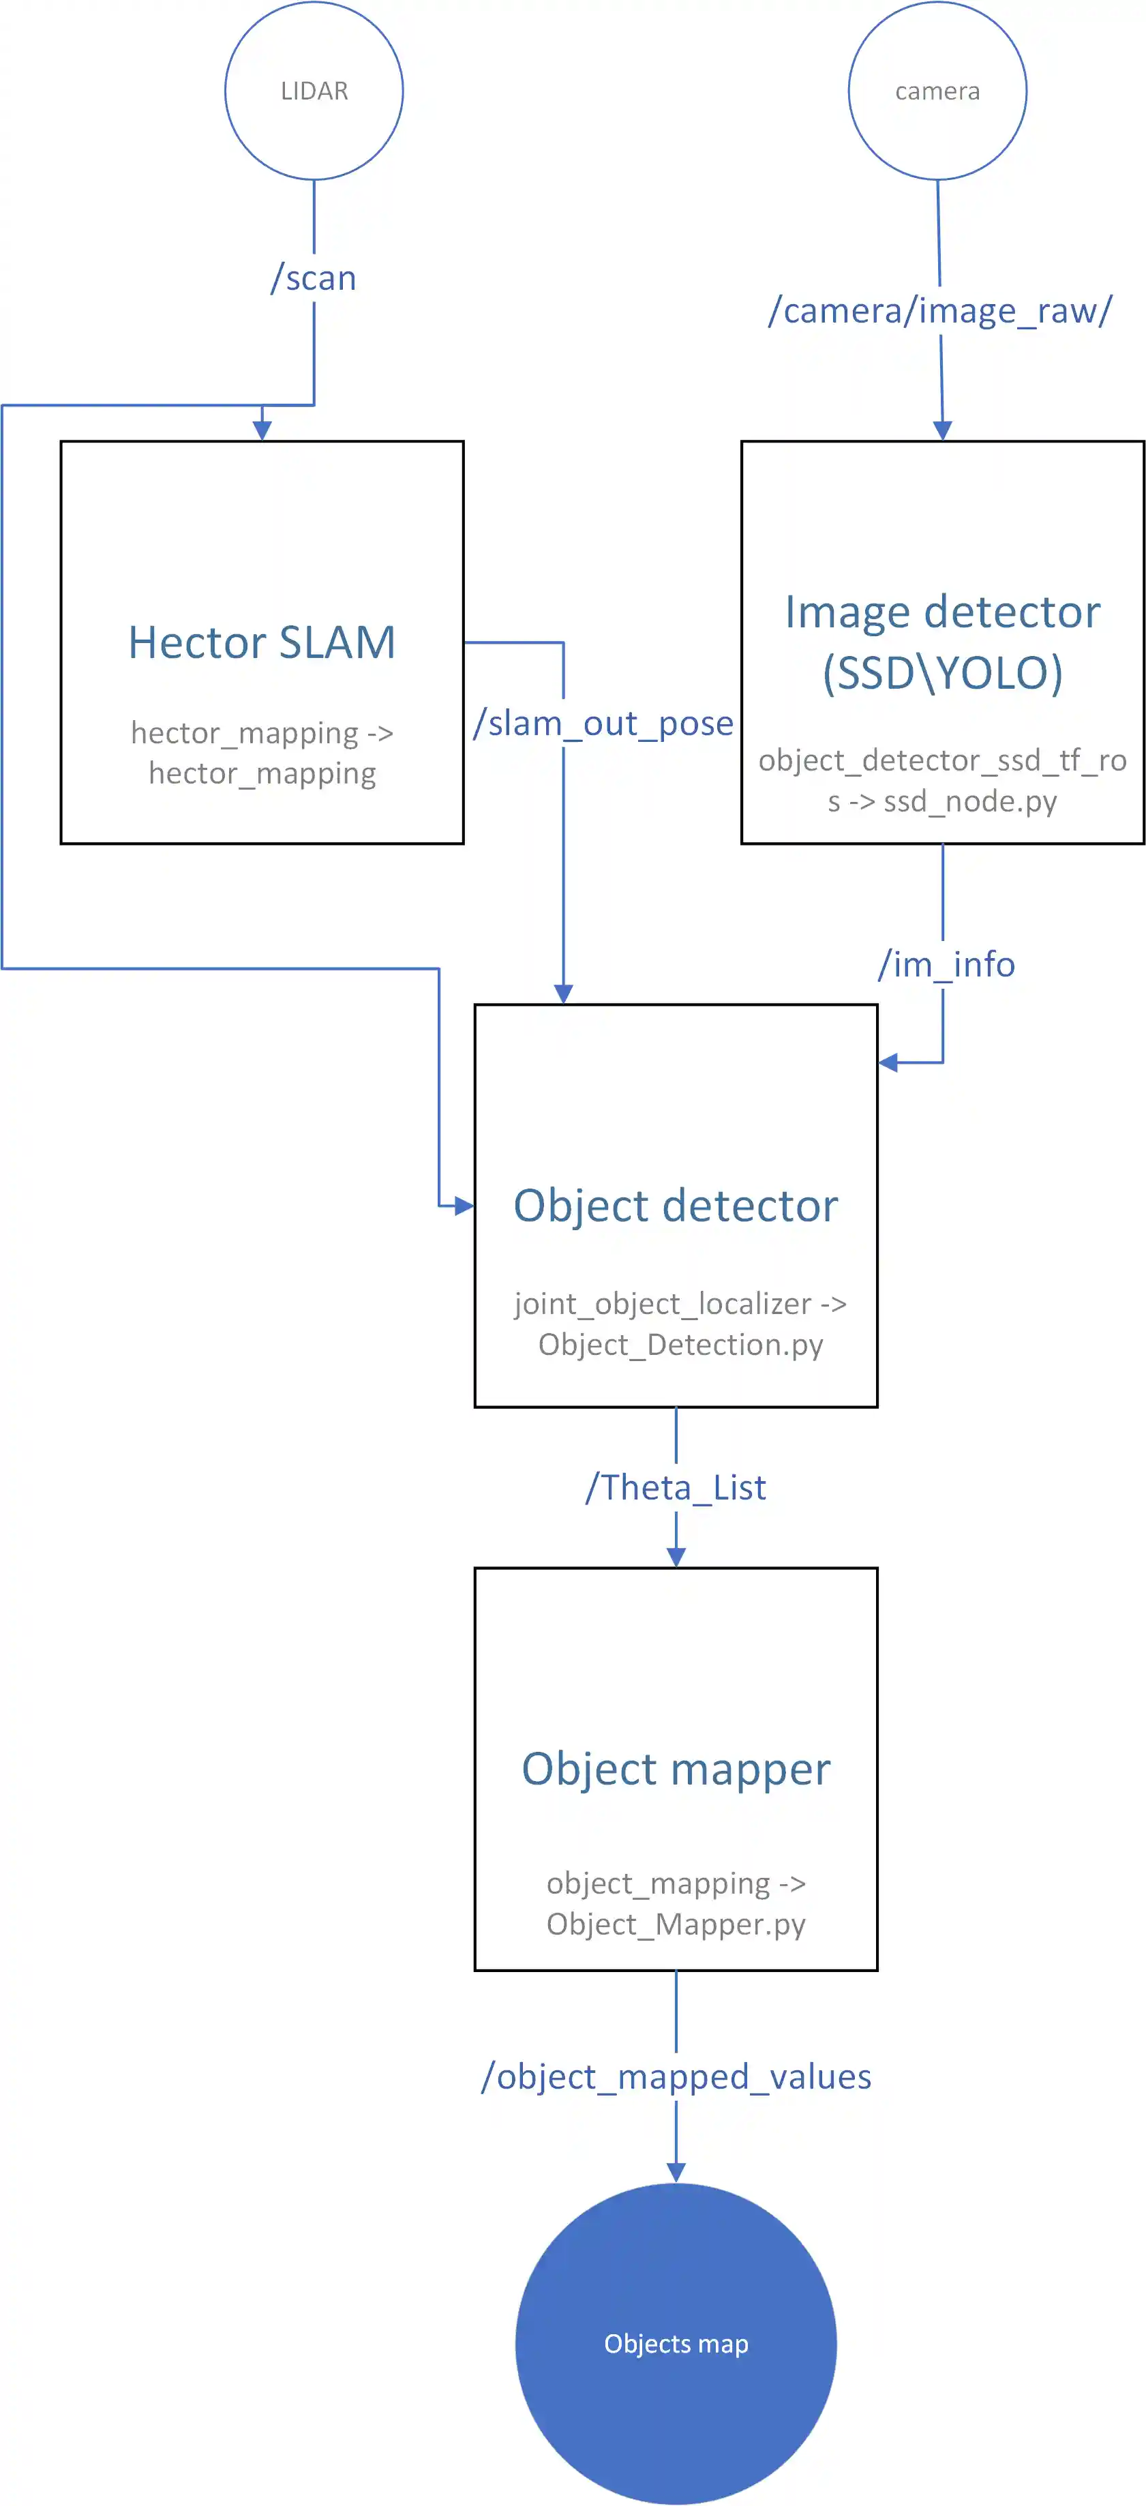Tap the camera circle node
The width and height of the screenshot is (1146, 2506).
pyautogui.click(x=937, y=91)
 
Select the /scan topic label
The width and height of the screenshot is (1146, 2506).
pyautogui.click(x=313, y=278)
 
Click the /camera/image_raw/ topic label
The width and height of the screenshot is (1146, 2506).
pyautogui.click(x=939, y=310)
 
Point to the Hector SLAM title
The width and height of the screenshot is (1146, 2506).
pyautogui.click(x=262, y=643)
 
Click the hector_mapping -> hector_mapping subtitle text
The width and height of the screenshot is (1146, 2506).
pyautogui.click(x=262, y=753)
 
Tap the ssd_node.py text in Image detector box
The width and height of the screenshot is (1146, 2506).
pyautogui.click(x=969, y=802)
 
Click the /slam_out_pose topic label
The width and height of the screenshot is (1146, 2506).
pyautogui.click(x=603, y=723)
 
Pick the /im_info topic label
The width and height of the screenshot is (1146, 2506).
pyautogui.click(x=946, y=964)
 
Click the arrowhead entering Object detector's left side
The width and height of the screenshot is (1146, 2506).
pyautogui.click(x=464, y=1206)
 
